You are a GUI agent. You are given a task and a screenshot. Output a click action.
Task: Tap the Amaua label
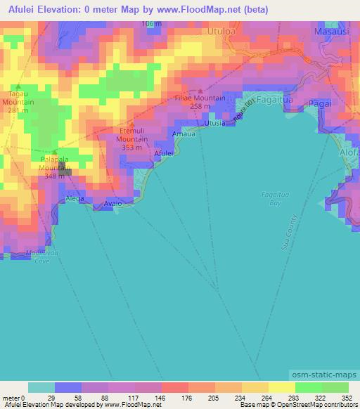184,134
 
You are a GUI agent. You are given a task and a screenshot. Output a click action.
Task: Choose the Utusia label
214,124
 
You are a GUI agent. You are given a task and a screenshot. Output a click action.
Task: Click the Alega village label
75,199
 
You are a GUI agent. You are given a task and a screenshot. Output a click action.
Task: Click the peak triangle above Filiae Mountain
201,91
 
